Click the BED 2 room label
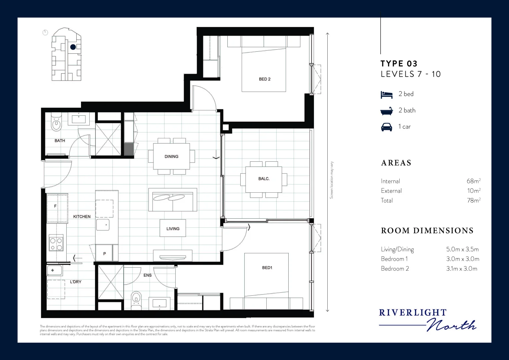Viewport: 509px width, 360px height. (x=265, y=79)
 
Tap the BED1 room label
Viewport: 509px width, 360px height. (x=267, y=268)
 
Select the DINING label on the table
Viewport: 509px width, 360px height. (x=171, y=156)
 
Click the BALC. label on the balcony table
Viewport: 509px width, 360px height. (x=264, y=179)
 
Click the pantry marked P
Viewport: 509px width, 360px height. (x=105, y=254)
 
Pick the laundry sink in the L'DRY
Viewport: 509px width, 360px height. (x=55, y=270)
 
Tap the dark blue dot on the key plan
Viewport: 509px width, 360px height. (x=73, y=47)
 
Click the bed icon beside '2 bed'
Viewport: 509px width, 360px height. (x=387, y=95)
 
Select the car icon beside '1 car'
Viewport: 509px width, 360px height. (x=387, y=127)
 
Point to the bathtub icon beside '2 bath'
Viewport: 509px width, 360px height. (x=387, y=111)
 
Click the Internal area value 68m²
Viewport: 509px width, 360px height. (x=473, y=181)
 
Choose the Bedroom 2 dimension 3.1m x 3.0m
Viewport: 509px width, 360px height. (x=462, y=269)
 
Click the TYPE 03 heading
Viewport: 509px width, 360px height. (x=399, y=64)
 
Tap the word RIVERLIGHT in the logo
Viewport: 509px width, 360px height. (x=413, y=313)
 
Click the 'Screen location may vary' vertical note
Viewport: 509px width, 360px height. (x=332, y=180)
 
